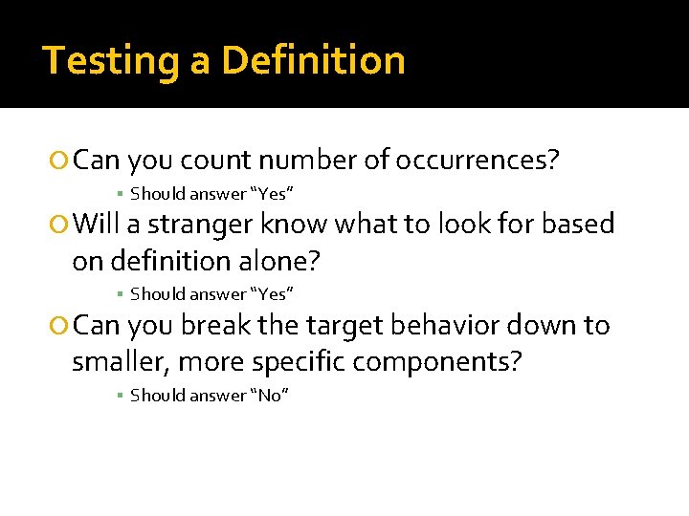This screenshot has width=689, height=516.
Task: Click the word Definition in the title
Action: pos(313,61)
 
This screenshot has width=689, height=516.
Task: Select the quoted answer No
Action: pos(269,395)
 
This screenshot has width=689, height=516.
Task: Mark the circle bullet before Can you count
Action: pos(61,160)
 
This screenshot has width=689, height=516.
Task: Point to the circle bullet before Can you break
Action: pos(61,327)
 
